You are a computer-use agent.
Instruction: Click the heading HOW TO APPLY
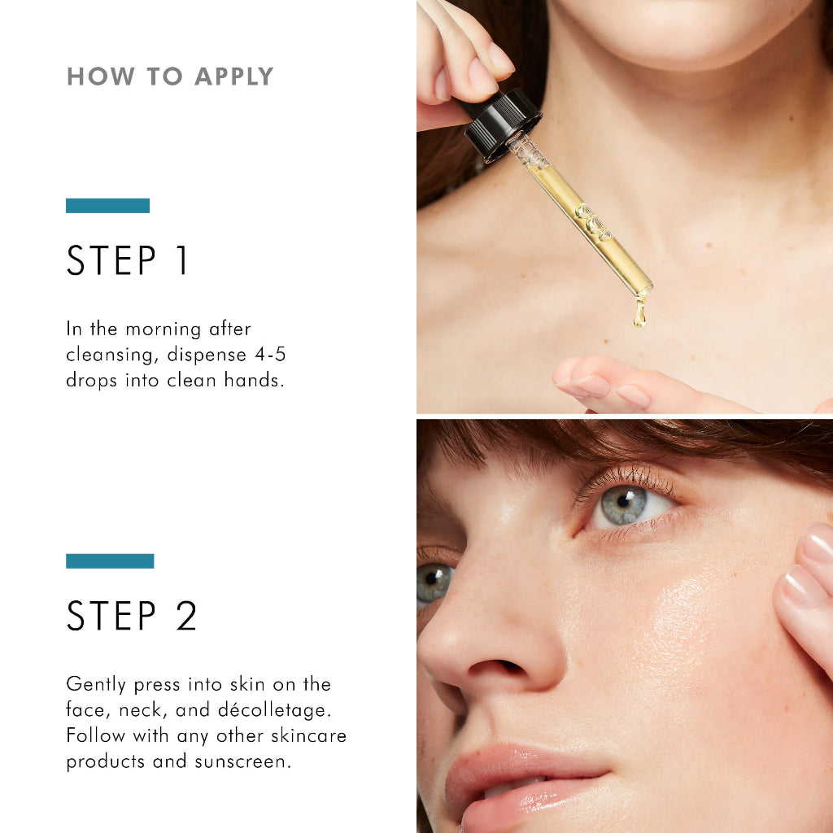170,77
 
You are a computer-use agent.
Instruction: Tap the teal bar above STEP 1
107,206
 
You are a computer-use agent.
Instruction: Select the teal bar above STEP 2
110,561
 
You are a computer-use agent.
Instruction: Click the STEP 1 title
128,261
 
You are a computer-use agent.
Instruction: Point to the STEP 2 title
132,616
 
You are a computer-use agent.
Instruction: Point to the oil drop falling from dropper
640,313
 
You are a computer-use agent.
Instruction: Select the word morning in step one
164,329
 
